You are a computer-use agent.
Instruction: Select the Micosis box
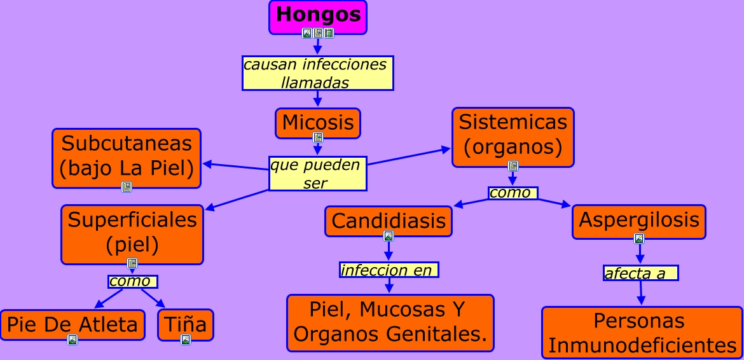[318, 121]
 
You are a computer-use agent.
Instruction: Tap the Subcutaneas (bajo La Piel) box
[127, 156]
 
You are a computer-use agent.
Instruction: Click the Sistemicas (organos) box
[513, 135]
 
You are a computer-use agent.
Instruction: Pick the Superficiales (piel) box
[132, 232]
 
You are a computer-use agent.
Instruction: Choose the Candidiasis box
[389, 221]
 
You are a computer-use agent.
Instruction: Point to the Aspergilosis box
[638, 220]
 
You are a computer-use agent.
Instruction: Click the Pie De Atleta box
[72, 324]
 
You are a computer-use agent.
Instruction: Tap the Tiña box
[186, 324]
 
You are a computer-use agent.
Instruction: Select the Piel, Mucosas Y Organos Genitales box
[390, 322]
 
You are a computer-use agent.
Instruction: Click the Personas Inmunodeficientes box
[642, 332]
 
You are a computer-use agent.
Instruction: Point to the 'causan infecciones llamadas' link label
[317, 73]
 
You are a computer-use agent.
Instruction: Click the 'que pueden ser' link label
[317, 174]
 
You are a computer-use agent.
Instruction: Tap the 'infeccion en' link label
[389, 270]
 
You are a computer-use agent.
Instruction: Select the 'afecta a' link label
[640, 273]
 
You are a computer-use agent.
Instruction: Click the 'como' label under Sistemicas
[513, 193]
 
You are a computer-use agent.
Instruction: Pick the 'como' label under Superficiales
[132, 281]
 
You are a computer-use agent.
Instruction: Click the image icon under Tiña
[186, 340]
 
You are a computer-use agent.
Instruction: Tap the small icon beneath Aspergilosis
[639, 239]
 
